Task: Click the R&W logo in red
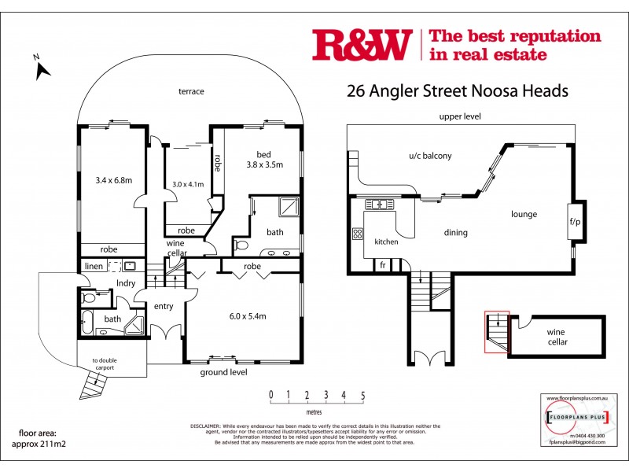(x=362, y=45)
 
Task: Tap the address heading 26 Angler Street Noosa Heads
(x=457, y=90)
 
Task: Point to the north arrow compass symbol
(x=42, y=67)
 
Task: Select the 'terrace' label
(x=191, y=91)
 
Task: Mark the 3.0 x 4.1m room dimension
(x=188, y=185)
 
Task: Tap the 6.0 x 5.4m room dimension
(x=247, y=316)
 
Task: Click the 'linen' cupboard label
(x=94, y=267)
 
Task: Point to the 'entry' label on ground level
(x=164, y=306)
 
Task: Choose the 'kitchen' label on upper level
(x=385, y=242)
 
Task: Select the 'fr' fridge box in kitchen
(x=384, y=264)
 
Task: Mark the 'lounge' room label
(x=524, y=213)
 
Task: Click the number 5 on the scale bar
(x=362, y=395)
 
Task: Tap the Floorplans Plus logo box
(x=576, y=415)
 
